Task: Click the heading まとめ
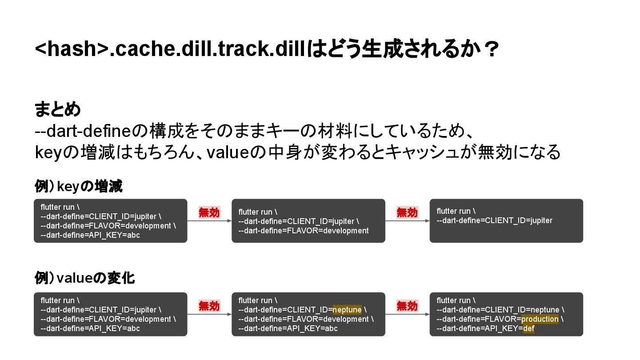click(58, 109)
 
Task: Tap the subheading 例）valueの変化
click(84, 279)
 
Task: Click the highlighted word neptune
click(347, 310)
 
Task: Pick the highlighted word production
click(540, 319)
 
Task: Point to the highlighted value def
click(528, 328)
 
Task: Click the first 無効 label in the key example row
click(209, 212)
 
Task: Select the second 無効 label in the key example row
click(407, 212)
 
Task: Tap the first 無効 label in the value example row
click(209, 306)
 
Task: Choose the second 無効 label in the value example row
click(407, 306)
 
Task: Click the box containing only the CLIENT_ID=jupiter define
click(506, 221)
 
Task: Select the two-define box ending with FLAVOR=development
click(308, 221)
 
